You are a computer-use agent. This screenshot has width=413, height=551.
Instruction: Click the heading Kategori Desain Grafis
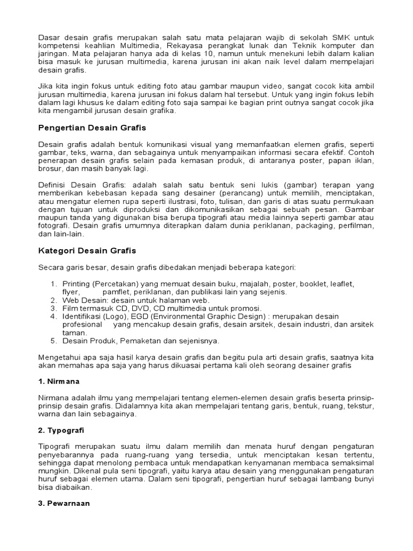coord(88,251)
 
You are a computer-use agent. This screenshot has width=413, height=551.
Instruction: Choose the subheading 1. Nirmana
coord(59,381)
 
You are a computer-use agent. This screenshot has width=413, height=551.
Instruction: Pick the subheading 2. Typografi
coord(62,430)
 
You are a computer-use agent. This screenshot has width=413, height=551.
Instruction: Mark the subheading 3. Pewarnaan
coord(64,504)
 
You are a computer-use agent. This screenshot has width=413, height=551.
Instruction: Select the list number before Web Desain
coord(54,300)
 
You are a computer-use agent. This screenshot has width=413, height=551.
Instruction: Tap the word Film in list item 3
coord(71,308)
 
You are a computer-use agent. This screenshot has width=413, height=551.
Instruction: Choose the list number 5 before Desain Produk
coord(54,341)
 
